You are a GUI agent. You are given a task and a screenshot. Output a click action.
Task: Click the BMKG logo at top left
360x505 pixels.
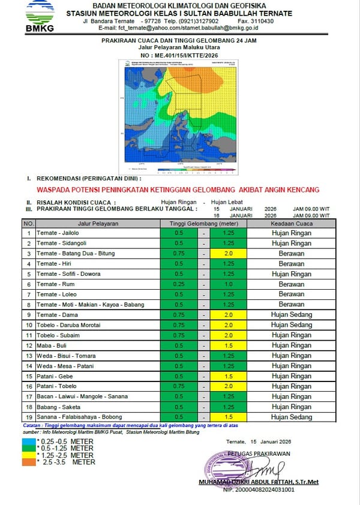(x=40, y=16)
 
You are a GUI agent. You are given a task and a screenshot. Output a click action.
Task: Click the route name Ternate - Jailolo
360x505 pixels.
(x=57, y=233)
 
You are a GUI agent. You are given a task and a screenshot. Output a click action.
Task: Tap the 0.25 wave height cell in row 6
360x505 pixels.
(x=178, y=284)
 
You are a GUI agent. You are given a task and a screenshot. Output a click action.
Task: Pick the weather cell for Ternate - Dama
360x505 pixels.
(x=292, y=314)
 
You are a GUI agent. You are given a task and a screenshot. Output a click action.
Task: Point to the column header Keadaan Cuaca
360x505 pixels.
(x=292, y=223)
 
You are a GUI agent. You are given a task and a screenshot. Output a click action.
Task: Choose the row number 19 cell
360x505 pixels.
(x=28, y=417)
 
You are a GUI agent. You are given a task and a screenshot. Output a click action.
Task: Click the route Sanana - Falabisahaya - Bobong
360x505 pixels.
(x=79, y=417)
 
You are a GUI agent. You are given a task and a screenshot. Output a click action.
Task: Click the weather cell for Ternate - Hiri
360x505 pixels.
(x=292, y=263)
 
